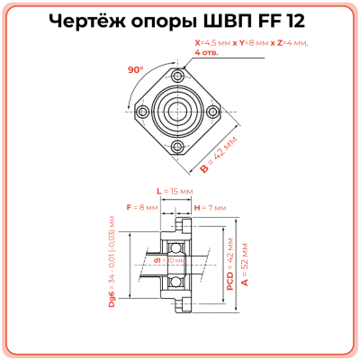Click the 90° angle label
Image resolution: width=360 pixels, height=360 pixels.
click(137, 69)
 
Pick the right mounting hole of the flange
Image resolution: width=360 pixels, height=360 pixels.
click(212, 112)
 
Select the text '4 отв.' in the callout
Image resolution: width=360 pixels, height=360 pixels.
click(208, 52)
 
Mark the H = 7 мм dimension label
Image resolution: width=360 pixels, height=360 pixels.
click(209, 208)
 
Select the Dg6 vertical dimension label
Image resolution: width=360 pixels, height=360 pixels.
click(112, 263)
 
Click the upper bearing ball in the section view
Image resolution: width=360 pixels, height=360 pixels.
click(176, 244)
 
